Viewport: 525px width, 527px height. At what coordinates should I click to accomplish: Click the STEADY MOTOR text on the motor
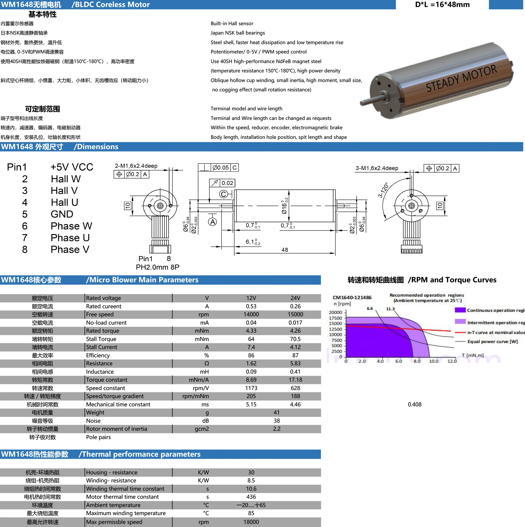click(461, 79)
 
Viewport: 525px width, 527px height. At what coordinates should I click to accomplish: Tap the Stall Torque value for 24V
click(295, 339)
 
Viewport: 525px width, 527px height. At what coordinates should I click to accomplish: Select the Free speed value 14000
click(251, 314)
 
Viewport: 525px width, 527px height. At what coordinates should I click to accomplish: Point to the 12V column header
click(251, 298)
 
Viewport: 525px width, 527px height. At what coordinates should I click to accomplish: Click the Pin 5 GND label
click(62, 214)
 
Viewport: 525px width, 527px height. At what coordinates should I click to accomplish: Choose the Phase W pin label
click(71, 226)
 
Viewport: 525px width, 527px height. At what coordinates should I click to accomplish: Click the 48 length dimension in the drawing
click(285, 250)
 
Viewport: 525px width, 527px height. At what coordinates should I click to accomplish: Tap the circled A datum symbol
click(212, 222)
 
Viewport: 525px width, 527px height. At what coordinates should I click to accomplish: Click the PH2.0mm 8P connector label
click(158, 267)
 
